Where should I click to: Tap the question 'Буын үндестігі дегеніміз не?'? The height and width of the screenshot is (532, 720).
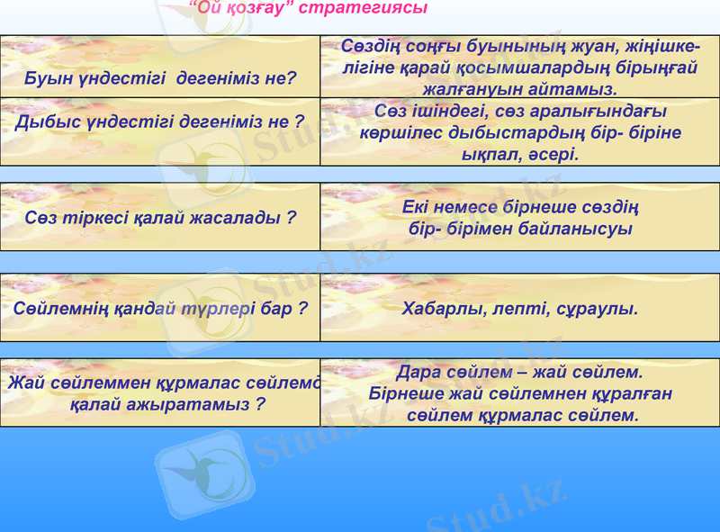(160, 78)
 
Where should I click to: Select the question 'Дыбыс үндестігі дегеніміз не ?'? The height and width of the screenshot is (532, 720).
(159, 122)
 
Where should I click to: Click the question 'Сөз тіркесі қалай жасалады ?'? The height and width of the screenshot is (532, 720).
(160, 218)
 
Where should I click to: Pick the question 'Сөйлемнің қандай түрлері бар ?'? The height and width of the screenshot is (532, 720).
(160, 308)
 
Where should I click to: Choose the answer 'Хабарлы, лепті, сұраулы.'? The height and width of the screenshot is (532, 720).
(520, 309)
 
